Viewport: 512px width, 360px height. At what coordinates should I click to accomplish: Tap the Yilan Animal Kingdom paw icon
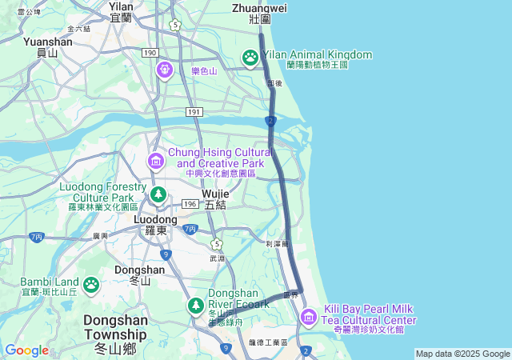pyautogui.click(x=250, y=56)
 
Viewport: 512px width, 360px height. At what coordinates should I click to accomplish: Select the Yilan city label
pyautogui.click(x=121, y=11)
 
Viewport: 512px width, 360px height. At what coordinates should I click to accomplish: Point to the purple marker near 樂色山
pyautogui.click(x=166, y=70)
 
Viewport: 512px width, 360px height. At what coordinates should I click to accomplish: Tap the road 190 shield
pyautogui.click(x=150, y=52)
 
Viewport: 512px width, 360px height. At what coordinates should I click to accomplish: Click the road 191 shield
pyautogui.click(x=194, y=111)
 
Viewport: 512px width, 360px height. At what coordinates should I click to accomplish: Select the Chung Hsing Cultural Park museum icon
pyautogui.click(x=155, y=162)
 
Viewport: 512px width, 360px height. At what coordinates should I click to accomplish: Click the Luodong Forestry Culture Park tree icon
pyautogui.click(x=158, y=194)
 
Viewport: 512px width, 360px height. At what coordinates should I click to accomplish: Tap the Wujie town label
pyautogui.click(x=216, y=199)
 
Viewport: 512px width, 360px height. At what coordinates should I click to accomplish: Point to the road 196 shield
pyautogui.click(x=190, y=204)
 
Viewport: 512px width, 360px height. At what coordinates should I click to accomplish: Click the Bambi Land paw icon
pyautogui.click(x=91, y=284)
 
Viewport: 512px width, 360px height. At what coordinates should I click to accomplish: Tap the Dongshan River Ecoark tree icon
pyautogui.click(x=196, y=305)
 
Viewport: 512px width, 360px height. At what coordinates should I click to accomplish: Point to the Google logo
pyautogui.click(x=26, y=350)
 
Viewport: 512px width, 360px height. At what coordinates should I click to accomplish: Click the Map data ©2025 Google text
pyautogui.click(x=462, y=354)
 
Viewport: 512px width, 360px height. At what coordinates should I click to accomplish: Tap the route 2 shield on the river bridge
pyautogui.click(x=271, y=122)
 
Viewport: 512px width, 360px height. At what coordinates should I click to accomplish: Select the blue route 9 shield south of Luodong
pyautogui.click(x=166, y=254)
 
